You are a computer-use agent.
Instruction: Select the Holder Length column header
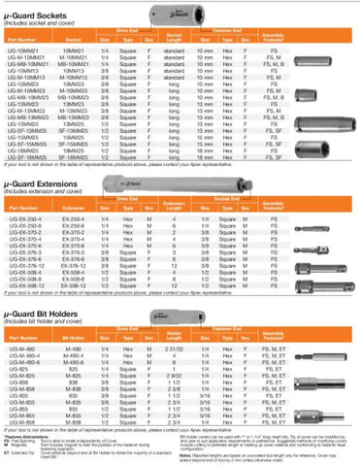(x=175, y=347)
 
